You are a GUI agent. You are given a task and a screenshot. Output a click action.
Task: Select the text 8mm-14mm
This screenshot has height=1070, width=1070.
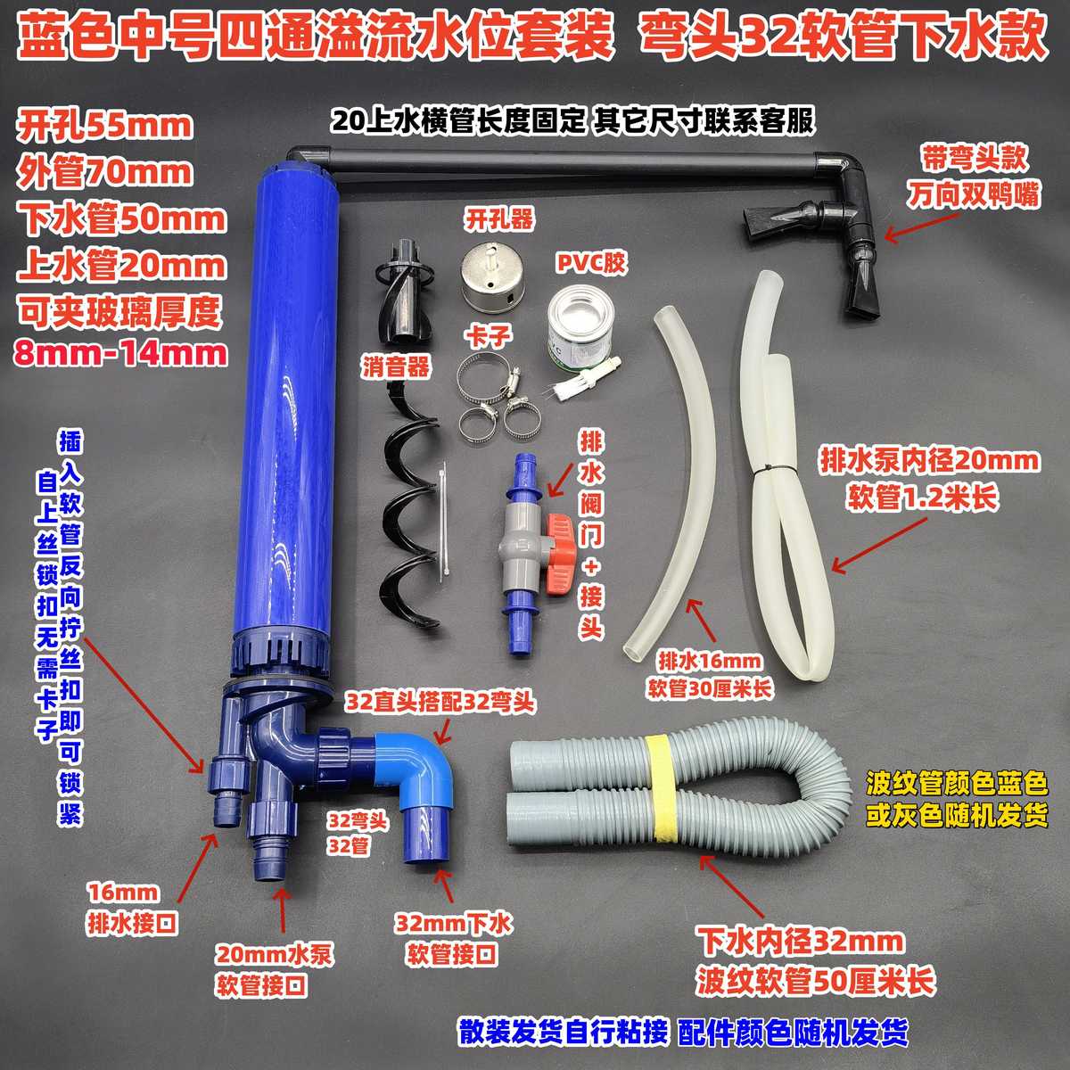click(120, 354)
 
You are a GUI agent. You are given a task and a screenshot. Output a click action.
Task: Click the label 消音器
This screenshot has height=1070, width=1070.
click(396, 366)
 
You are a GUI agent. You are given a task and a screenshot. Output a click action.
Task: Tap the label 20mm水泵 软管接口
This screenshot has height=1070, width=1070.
click(275, 970)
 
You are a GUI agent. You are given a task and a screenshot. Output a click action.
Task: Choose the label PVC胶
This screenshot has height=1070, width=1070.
click(590, 264)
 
